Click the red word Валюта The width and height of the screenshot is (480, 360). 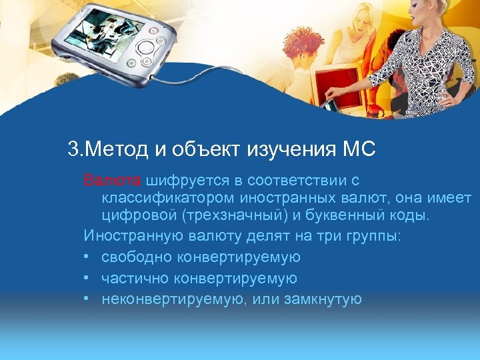click(112, 181)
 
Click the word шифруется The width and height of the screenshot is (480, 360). click(180, 181)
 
